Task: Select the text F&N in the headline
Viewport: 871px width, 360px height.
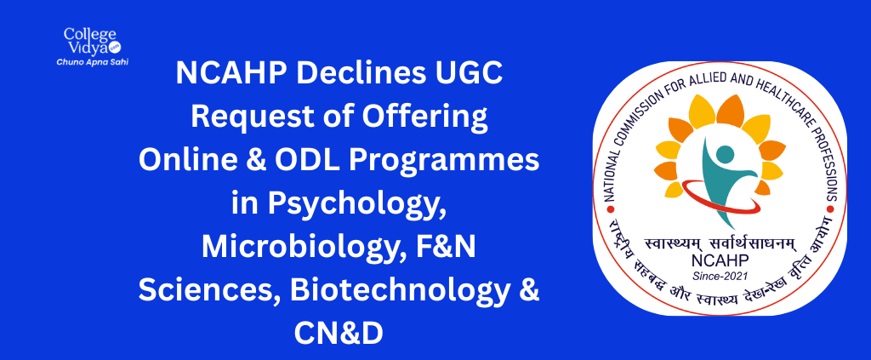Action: point(446,247)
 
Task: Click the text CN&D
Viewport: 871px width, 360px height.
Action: point(339,334)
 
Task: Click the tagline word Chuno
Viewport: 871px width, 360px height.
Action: point(66,62)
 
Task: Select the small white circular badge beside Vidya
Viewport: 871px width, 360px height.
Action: point(116,48)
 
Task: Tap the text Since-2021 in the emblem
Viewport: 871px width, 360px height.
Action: point(720,275)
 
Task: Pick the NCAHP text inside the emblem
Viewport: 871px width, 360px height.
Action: point(720,260)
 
